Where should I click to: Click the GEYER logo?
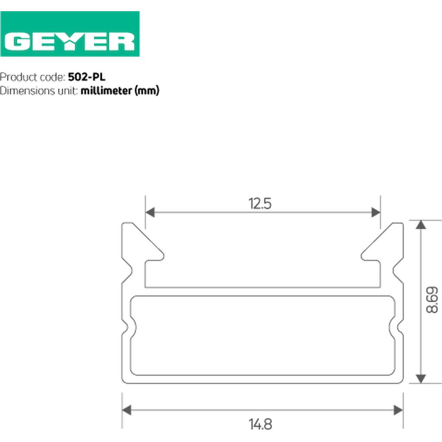pyautogui.click(x=69, y=34)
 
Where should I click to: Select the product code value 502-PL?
pyautogui.click(x=86, y=77)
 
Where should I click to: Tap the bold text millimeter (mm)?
pyautogui.click(x=120, y=91)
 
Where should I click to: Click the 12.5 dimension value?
pyautogui.click(x=260, y=204)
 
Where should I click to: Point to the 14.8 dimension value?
pyautogui.click(x=260, y=424)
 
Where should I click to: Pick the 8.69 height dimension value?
pyautogui.click(x=432, y=300)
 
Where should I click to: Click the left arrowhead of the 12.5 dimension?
pyautogui.click(x=150, y=212)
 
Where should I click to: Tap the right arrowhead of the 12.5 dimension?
pyautogui.click(x=376, y=212)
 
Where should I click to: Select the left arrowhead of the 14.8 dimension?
pyautogui.click(x=126, y=410)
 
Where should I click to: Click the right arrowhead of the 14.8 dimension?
pyautogui.click(x=398, y=410)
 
